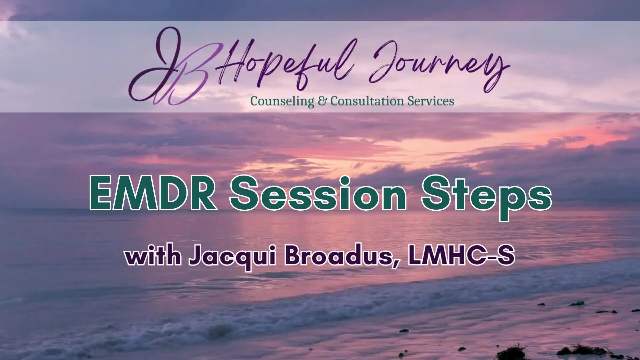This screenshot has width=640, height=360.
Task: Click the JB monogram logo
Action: point(173,67)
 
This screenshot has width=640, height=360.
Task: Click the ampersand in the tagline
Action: point(322,101)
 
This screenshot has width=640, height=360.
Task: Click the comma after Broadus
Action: point(395,264)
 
